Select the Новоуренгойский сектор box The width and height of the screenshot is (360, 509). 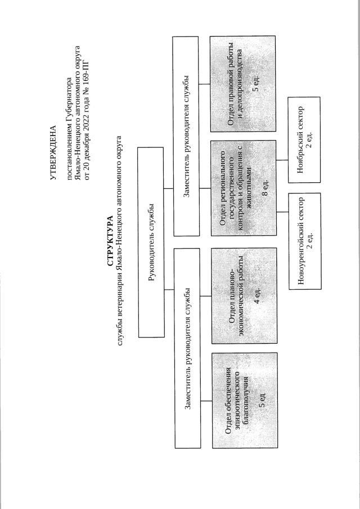[304, 250]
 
